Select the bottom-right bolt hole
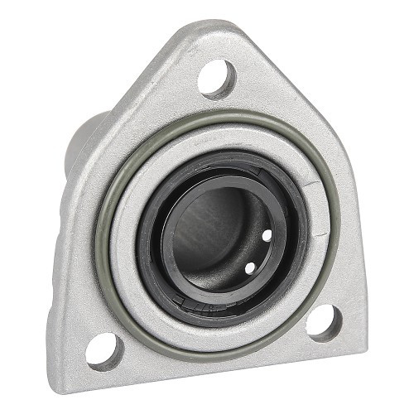[323, 321]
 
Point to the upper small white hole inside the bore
[266, 236]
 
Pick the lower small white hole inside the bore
[249, 268]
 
